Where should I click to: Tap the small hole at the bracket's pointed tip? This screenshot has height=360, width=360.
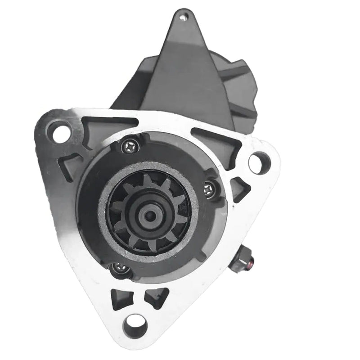point(182,18)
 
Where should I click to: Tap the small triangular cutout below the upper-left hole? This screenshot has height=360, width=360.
point(72,162)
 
